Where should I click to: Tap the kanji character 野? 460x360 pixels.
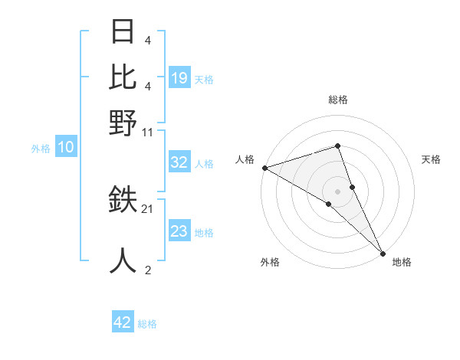[123, 122]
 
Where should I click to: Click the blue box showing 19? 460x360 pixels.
[179, 77]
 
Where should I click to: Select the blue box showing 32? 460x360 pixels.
[179, 162]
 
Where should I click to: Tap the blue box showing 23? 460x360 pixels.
[179, 231]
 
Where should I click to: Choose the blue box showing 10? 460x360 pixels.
[66, 148]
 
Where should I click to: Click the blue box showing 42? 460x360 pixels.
[123, 322]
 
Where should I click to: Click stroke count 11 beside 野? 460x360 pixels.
[148, 131]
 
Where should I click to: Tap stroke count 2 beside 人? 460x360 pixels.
[148, 270]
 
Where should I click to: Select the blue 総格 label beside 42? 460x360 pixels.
[147, 324]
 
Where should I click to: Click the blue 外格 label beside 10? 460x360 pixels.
[41, 149]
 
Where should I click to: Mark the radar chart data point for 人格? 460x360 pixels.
[264, 168]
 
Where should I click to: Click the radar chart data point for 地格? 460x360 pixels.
[383, 252]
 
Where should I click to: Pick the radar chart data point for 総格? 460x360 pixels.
[337, 146]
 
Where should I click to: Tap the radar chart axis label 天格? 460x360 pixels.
[431, 159]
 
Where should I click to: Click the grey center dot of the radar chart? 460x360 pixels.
[337, 191]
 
